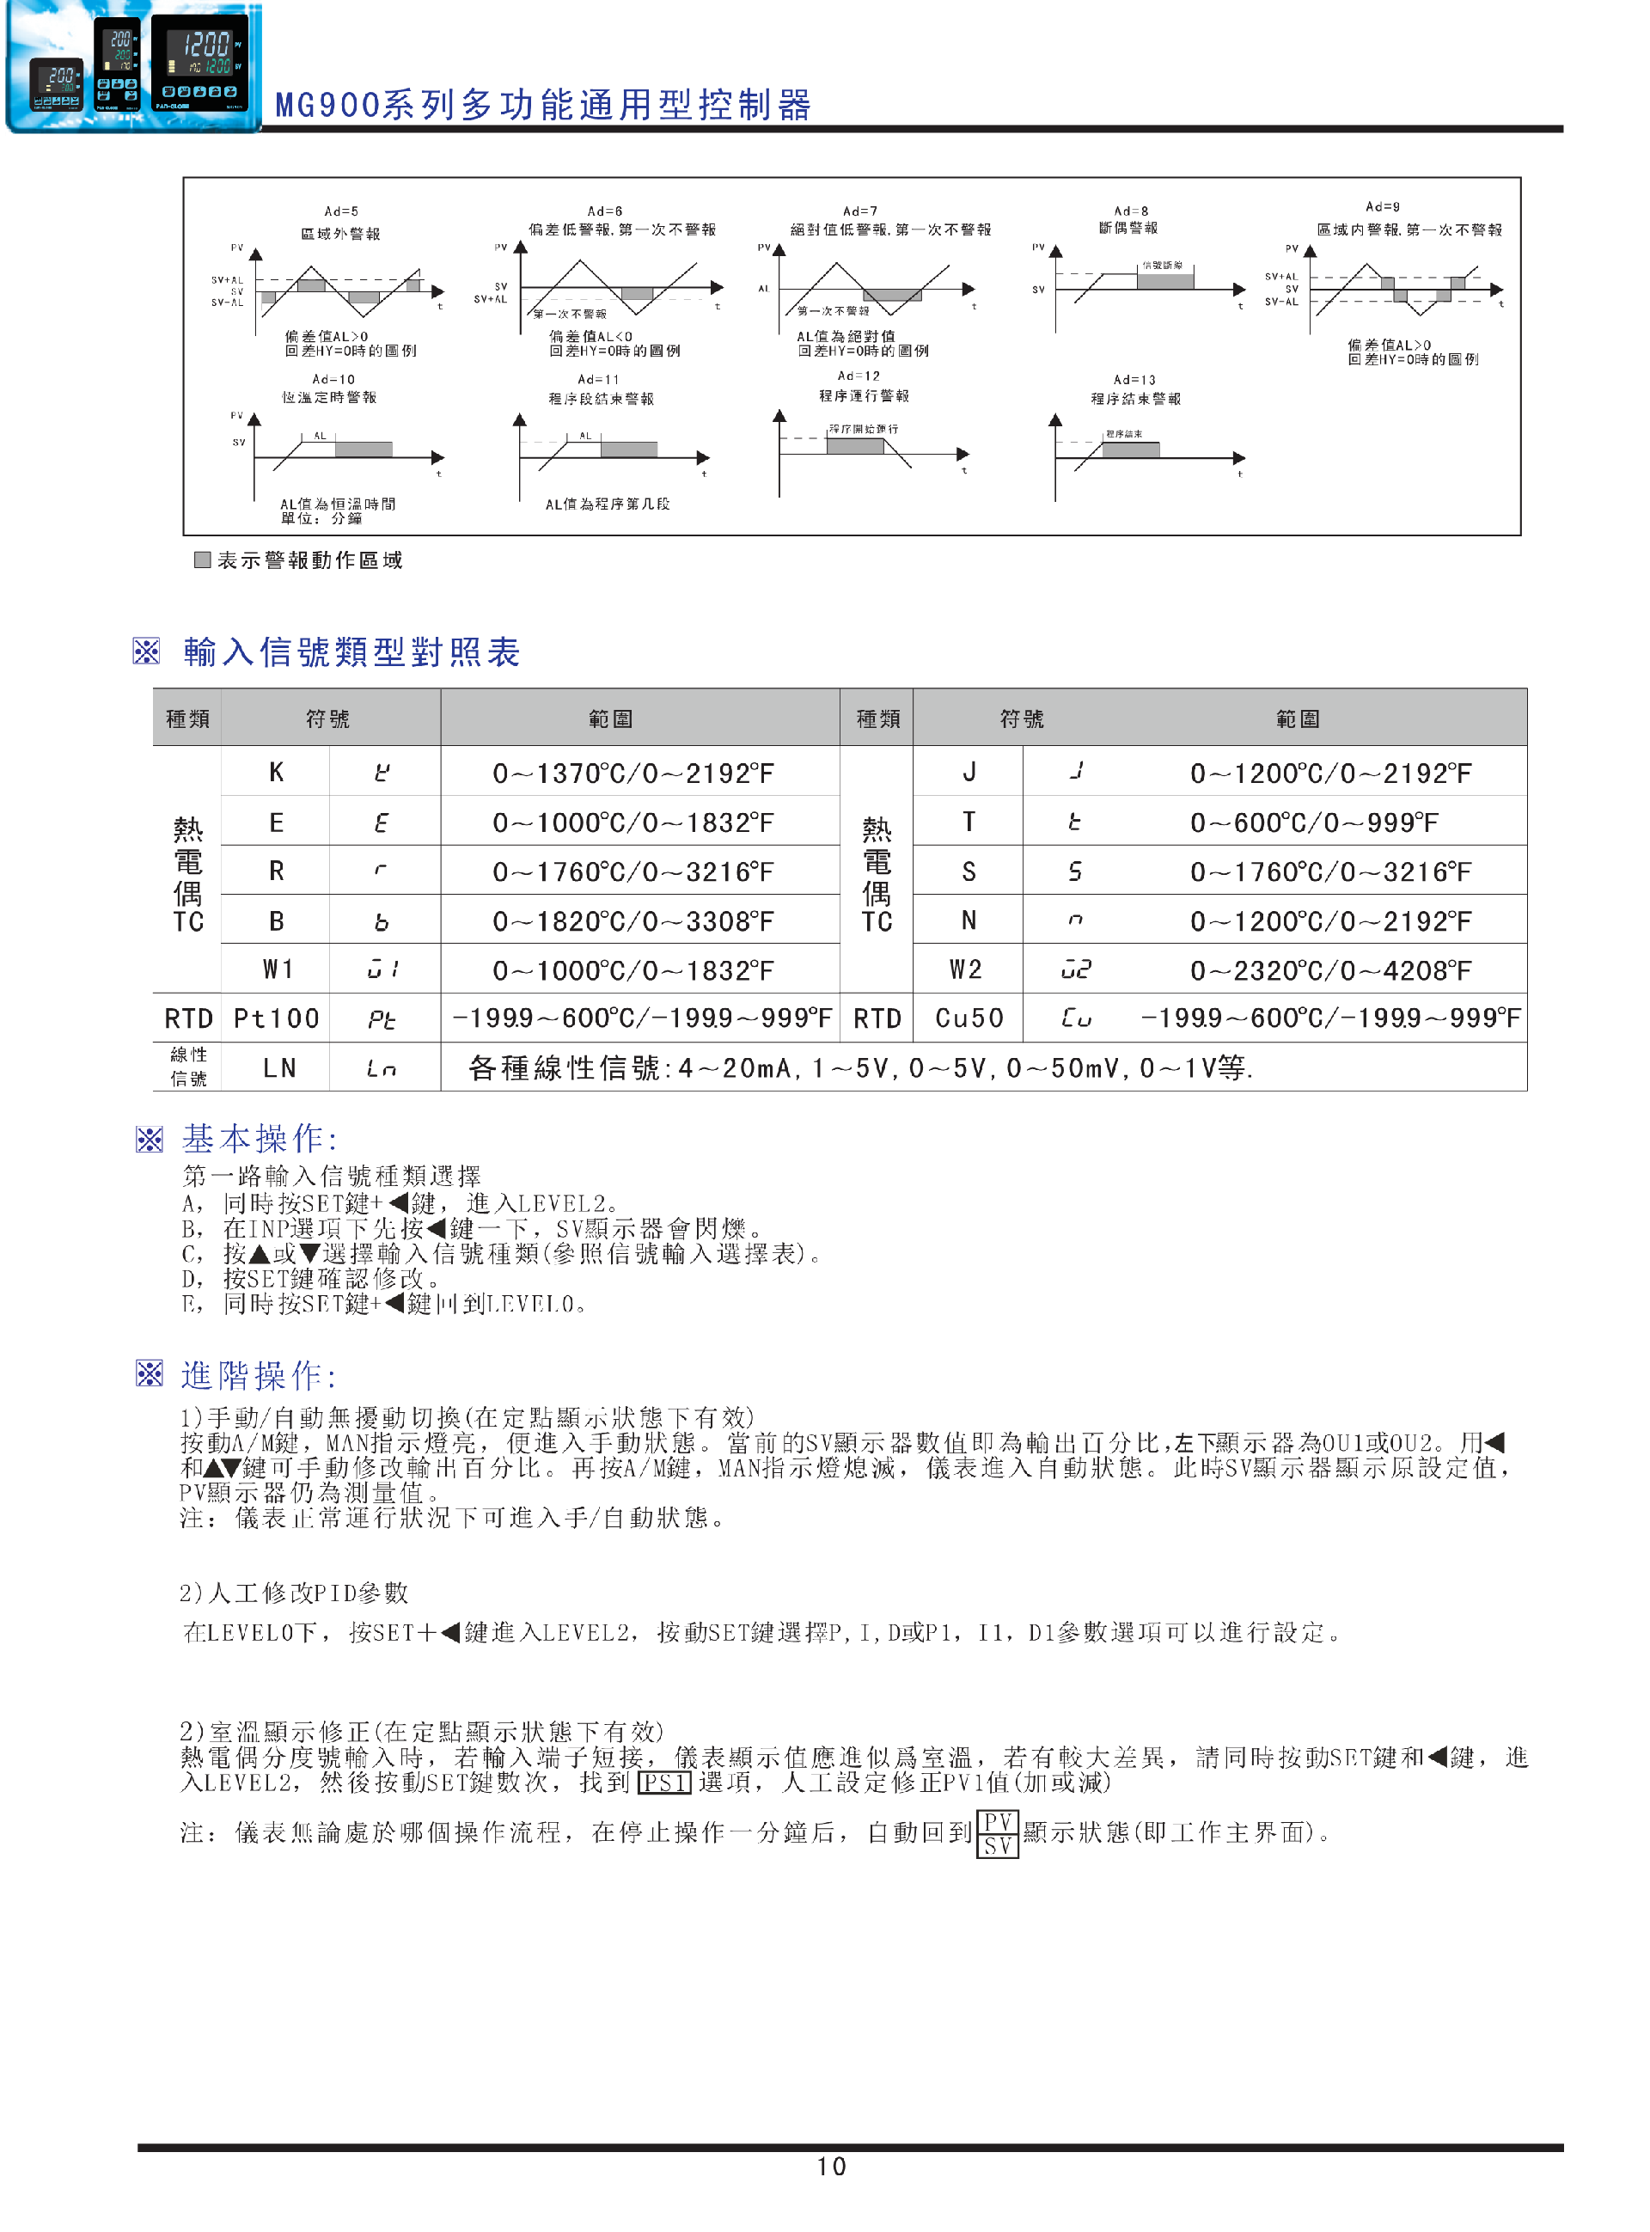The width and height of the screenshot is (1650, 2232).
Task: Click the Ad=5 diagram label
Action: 340,211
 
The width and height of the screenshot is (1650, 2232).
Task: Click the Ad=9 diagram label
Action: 1383,207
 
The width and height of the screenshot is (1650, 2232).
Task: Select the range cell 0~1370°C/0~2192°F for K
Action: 632,773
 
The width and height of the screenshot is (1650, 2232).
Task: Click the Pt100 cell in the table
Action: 276,1018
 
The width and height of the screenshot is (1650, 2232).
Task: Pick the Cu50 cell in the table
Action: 968,1018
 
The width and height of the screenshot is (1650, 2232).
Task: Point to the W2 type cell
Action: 966,969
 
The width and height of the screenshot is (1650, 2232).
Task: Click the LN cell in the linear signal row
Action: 278,1068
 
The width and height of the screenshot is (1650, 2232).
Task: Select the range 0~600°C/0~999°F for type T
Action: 1313,822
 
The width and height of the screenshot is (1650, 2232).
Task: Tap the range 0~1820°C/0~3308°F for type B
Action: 632,920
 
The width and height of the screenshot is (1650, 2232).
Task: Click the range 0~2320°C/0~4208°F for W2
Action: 1330,969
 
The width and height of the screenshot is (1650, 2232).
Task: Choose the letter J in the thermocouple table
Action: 969,772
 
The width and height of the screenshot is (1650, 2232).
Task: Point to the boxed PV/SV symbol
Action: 997,1833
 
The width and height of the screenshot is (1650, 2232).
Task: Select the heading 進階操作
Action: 259,1375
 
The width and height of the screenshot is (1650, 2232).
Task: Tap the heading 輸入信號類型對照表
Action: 351,652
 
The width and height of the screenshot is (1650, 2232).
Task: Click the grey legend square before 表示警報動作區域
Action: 202,560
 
